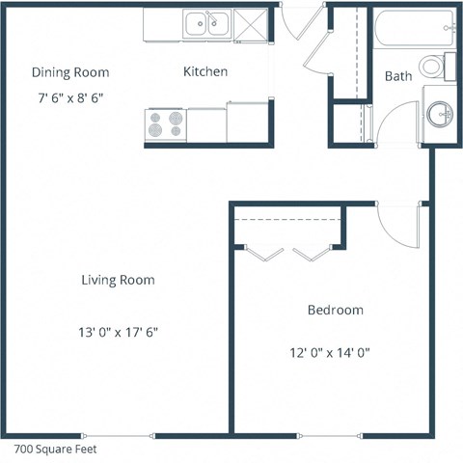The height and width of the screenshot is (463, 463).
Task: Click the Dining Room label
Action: tap(69, 72)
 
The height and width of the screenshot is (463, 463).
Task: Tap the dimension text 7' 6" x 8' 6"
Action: tap(69, 97)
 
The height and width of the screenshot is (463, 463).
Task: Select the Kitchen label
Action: tap(205, 71)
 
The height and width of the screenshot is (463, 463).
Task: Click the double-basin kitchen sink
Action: tap(205, 22)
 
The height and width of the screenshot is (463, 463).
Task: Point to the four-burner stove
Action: tap(164, 123)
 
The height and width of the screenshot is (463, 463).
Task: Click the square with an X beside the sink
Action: tap(248, 23)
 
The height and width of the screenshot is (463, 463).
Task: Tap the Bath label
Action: tap(398, 75)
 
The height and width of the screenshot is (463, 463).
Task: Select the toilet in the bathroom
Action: tap(441, 65)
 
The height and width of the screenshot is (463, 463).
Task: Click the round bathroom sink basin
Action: tap(441, 115)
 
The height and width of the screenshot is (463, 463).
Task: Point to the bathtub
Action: tap(410, 26)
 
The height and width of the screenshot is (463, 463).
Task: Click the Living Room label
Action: tap(119, 280)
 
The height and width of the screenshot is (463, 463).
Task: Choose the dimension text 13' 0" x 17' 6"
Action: tap(118, 331)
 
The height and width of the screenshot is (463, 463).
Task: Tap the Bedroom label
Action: tap(335, 310)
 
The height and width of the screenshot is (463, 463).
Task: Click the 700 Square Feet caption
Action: tap(55, 449)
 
